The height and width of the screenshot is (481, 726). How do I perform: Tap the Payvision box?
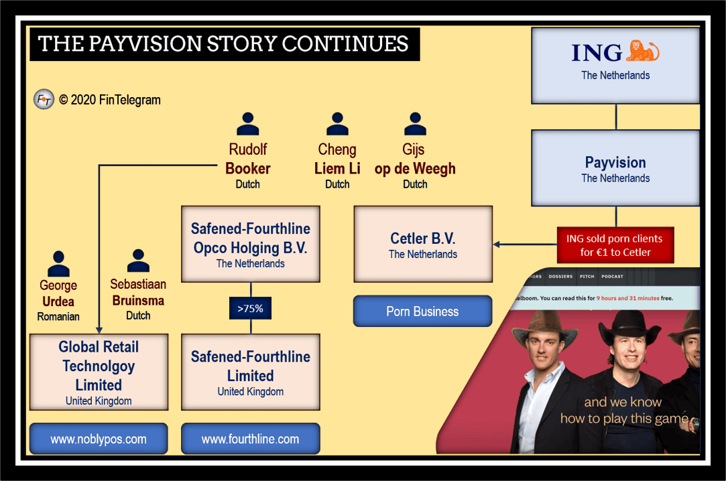point(615,168)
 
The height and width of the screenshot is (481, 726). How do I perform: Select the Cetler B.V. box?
point(423,245)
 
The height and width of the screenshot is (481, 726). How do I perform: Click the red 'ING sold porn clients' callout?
point(615,245)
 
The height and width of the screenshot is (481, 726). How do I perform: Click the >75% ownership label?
point(251,308)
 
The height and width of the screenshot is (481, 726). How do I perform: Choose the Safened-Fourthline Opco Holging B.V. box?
point(251,245)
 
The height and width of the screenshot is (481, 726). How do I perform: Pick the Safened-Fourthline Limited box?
point(251,372)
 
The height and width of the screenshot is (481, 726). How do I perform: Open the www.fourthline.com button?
point(251,439)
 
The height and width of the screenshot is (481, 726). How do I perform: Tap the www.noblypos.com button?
point(99,439)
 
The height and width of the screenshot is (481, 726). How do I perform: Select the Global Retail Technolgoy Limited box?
point(99,372)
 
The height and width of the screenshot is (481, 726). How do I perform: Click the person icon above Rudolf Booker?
point(248,124)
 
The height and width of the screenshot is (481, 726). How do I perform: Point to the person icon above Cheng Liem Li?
point(338,124)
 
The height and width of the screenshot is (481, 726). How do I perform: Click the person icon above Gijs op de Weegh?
point(416,124)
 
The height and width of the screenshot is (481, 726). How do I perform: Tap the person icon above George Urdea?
point(58,264)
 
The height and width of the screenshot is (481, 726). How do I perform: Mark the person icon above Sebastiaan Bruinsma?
point(139,261)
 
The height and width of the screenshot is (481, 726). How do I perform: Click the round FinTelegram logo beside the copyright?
point(44,99)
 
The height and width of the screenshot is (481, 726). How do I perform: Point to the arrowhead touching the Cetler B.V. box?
point(496,245)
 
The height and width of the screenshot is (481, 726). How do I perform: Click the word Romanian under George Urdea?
point(58,317)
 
